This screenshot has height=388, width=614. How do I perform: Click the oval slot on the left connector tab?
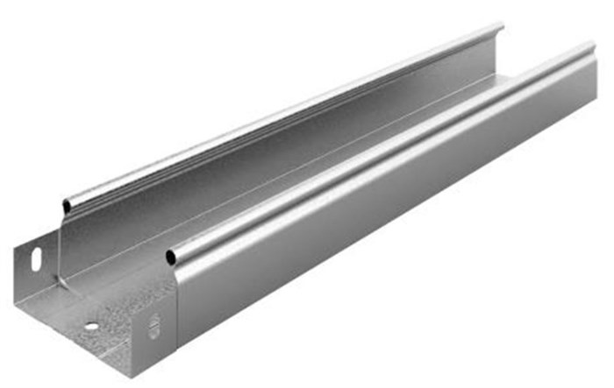[x=36, y=259]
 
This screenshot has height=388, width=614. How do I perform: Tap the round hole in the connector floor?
[x=91, y=327]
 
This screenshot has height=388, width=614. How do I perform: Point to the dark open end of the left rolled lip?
[x=67, y=208]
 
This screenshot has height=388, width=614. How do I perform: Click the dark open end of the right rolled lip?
[x=171, y=257]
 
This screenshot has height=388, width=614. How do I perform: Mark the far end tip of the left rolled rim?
[x=502, y=29]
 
